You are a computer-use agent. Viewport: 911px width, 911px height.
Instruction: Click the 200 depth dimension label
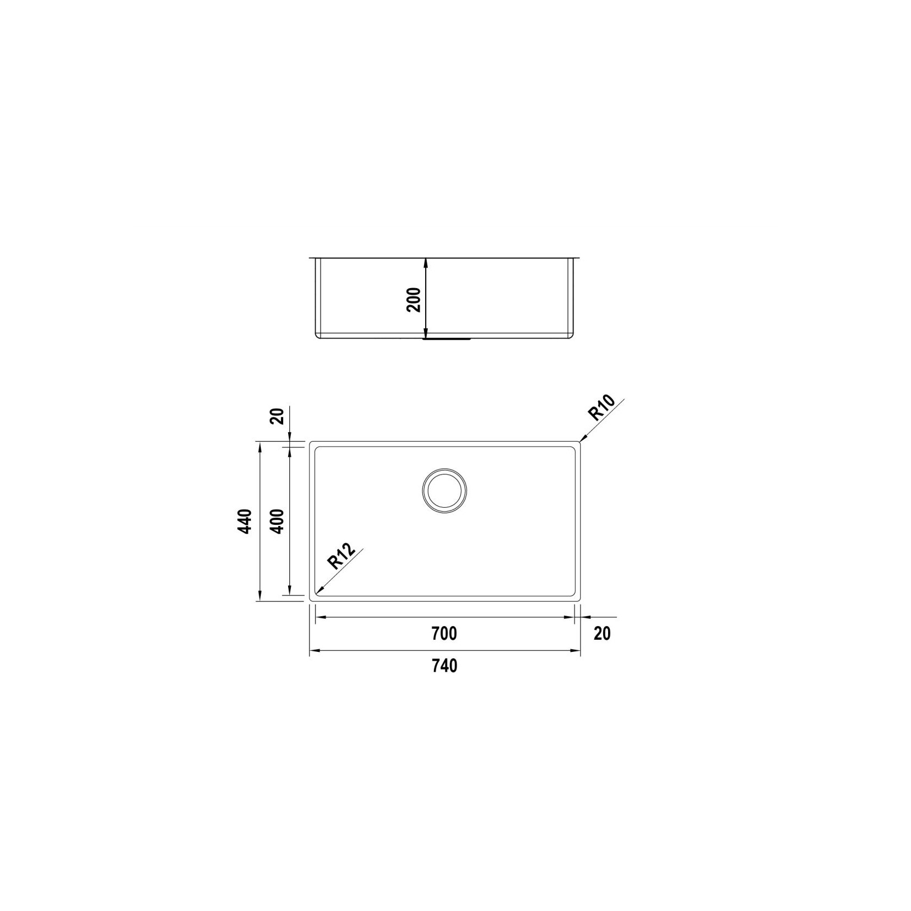(415, 300)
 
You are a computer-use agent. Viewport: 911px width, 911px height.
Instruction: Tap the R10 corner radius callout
(602, 408)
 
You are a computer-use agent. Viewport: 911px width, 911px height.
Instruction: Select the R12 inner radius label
(341, 555)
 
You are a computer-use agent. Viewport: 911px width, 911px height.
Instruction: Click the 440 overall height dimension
(245, 522)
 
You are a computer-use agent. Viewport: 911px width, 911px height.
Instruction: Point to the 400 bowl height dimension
(277, 522)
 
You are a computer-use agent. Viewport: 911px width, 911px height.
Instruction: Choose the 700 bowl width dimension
(444, 633)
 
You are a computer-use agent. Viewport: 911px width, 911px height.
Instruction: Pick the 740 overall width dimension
(444, 666)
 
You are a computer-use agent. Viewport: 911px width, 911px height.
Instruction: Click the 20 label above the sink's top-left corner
(278, 416)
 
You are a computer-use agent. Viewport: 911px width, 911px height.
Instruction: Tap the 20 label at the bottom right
(602, 633)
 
